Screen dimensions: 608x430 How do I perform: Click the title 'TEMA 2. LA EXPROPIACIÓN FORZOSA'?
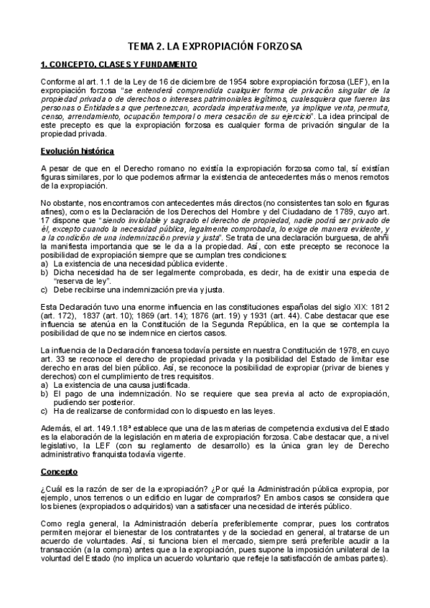click(215, 46)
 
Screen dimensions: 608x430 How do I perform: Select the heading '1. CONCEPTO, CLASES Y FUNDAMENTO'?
click(114, 65)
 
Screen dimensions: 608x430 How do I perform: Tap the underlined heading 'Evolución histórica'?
click(74, 151)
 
